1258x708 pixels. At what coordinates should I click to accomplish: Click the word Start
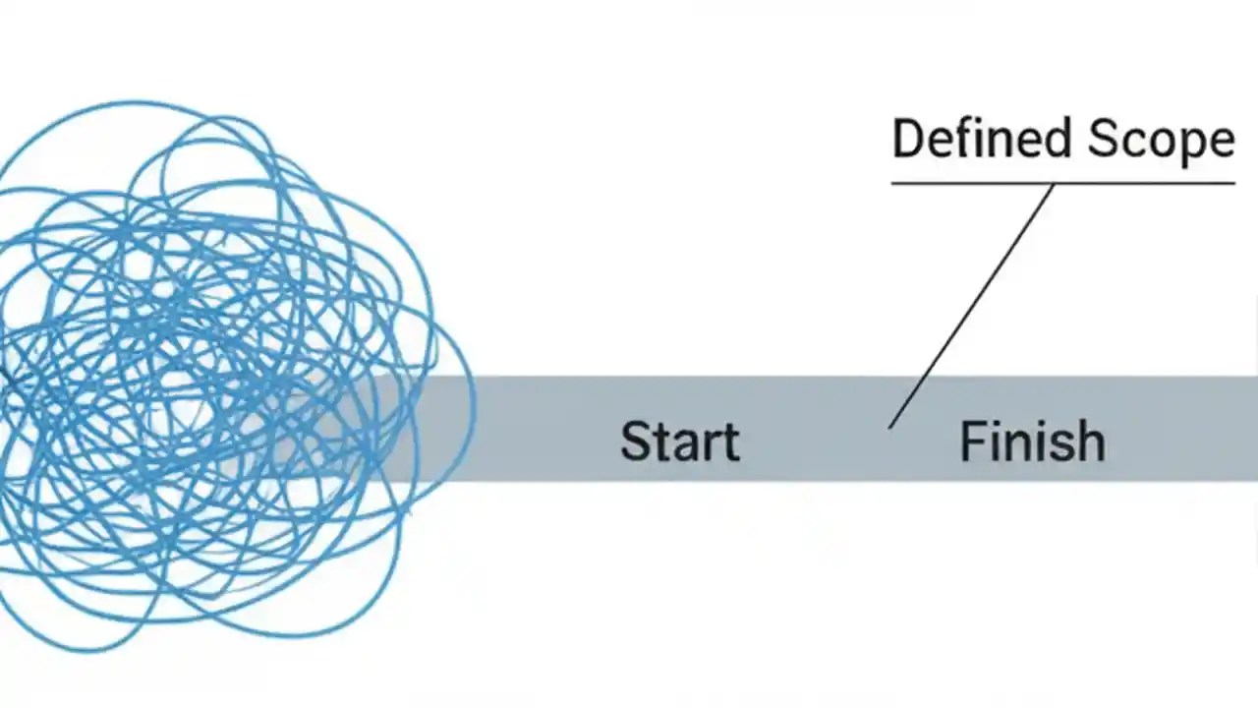[x=679, y=442]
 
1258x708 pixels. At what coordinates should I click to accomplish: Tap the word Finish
[x=1031, y=442]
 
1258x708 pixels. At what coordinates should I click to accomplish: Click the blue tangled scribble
[x=197, y=374]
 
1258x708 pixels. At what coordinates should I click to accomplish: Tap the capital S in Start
[x=635, y=442]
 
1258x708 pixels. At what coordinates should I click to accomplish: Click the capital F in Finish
[x=971, y=442]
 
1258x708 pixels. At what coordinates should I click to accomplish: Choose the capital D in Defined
[x=907, y=139]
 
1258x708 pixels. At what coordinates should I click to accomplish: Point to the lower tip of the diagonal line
[x=889, y=427]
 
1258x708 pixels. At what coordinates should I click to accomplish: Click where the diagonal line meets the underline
[x=1054, y=184]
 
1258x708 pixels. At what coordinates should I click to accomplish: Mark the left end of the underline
[x=893, y=183]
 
